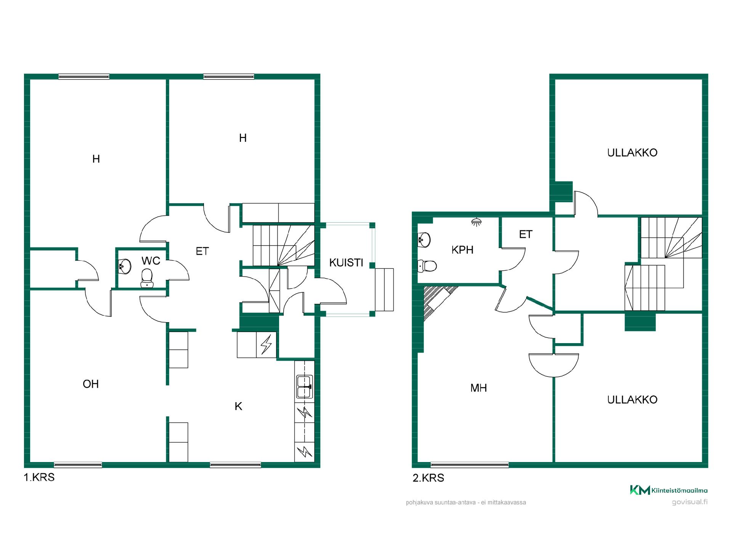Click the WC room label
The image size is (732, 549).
tap(151, 261)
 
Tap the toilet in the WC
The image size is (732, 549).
tap(147, 278)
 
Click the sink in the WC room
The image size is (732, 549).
tap(125, 266)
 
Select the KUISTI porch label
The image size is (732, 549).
tap(346, 263)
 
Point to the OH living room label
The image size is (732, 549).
tap(91, 384)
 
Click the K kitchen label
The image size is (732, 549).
tap(238, 406)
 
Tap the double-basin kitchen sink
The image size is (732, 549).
tap(305, 387)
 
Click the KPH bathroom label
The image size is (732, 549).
tap(462, 250)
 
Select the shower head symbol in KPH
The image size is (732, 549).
tap(476, 222)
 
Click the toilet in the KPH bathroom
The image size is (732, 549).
tap(427, 266)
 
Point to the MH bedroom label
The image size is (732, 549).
tap(478, 388)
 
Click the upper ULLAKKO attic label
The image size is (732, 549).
tap(632, 152)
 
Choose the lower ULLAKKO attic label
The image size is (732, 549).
tap(632, 400)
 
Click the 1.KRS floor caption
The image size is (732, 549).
tap(39, 477)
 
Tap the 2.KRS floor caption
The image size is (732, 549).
tap(429, 478)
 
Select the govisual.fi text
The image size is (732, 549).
tap(690, 502)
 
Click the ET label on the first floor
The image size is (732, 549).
tap(202, 251)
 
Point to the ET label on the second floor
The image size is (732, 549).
tap(526, 234)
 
